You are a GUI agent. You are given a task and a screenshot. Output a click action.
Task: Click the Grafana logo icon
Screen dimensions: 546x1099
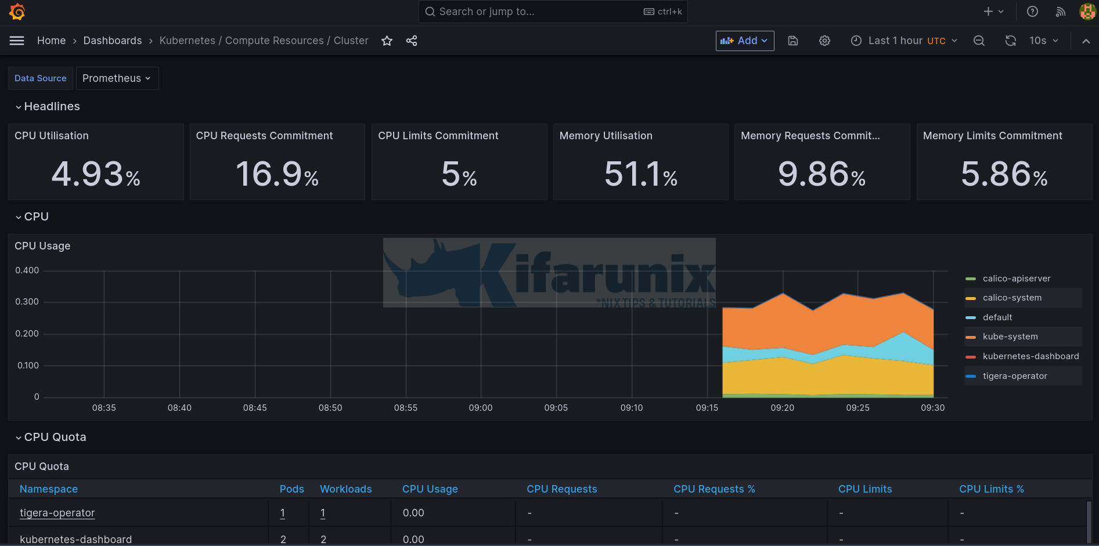(17, 12)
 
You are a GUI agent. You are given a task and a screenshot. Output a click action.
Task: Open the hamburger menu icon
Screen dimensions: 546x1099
(17, 41)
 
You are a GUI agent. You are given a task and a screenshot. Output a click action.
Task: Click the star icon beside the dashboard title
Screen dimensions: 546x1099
(387, 41)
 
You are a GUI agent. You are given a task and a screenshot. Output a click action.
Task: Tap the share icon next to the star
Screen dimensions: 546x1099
(412, 41)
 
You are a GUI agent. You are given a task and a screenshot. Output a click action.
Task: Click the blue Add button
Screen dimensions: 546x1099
(744, 41)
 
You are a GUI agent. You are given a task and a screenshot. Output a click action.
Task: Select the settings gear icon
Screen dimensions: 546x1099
(824, 41)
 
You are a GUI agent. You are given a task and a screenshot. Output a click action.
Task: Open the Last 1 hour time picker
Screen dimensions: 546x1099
(904, 41)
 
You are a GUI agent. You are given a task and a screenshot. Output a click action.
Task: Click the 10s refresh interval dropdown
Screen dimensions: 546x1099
(1043, 41)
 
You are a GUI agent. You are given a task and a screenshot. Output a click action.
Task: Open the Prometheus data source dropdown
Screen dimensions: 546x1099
(117, 78)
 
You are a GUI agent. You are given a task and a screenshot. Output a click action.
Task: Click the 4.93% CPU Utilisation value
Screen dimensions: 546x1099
(96, 174)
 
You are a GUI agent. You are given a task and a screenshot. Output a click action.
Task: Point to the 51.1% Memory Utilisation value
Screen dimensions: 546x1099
(640, 174)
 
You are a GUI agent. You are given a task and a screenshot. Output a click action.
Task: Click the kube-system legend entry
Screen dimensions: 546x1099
(1010, 337)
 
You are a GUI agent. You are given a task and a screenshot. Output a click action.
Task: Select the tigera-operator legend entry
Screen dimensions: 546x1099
(1014, 376)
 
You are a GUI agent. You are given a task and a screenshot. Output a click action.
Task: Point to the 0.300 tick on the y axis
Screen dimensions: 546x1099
(27, 302)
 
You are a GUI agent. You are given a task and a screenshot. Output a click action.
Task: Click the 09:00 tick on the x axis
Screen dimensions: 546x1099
(481, 408)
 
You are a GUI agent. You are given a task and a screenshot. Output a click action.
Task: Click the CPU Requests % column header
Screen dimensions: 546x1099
(714, 489)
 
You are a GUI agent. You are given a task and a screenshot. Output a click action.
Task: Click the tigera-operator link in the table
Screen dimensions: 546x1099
(57, 513)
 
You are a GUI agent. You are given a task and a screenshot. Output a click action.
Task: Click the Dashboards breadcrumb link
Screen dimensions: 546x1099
(113, 41)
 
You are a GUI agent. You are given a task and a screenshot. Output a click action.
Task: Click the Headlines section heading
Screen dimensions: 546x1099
(52, 106)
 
